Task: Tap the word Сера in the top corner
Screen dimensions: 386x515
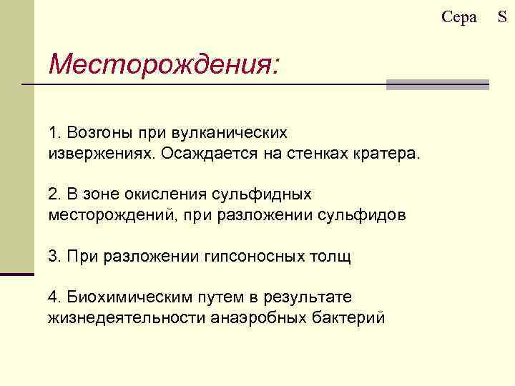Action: pyautogui.click(x=459, y=17)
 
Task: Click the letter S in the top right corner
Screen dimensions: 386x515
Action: pyautogui.click(x=502, y=17)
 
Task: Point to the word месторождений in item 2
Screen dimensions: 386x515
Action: pyautogui.click(x=102, y=215)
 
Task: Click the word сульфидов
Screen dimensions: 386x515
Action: pyautogui.click(x=366, y=215)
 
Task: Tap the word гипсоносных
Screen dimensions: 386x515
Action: pyautogui.click(x=251, y=256)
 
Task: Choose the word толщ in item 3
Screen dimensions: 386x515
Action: pyautogui.click(x=331, y=256)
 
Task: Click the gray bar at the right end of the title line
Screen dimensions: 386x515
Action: pyautogui.click(x=438, y=84)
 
